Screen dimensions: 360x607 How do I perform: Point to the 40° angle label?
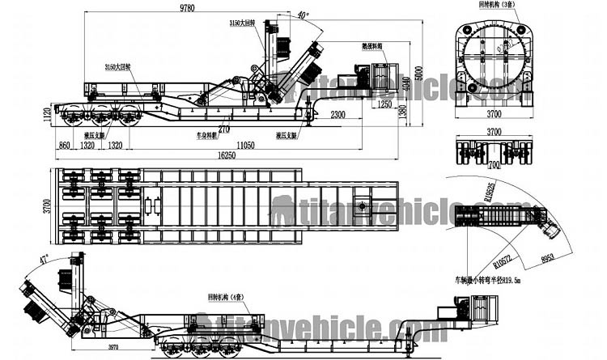[303, 15]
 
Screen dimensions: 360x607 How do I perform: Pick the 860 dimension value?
[63, 146]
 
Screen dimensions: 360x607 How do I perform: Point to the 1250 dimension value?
[384, 104]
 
